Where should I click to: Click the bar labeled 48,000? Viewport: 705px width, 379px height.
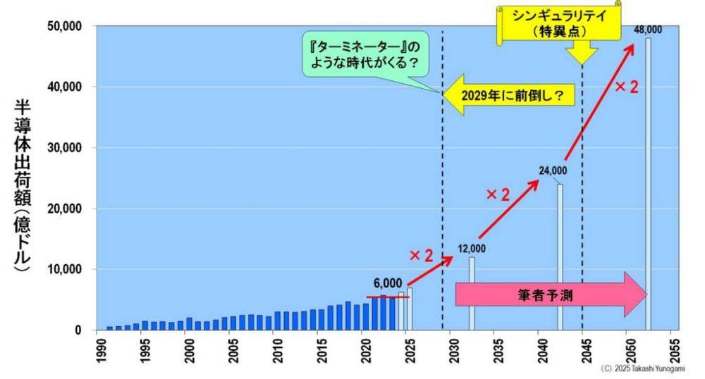pyautogui.click(x=648, y=183)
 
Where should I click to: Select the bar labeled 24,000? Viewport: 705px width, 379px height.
pyautogui.click(x=560, y=257)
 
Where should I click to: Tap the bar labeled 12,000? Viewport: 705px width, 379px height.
pyautogui.click(x=472, y=293)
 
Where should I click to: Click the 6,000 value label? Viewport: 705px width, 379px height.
pyautogui.click(x=388, y=283)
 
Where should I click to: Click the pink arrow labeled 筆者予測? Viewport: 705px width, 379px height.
pyautogui.click(x=550, y=294)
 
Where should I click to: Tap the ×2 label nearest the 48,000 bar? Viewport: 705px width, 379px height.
pyautogui.click(x=626, y=87)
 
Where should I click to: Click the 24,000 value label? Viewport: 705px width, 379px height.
pyautogui.click(x=552, y=171)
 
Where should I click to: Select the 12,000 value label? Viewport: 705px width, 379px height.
pyautogui.click(x=471, y=248)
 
